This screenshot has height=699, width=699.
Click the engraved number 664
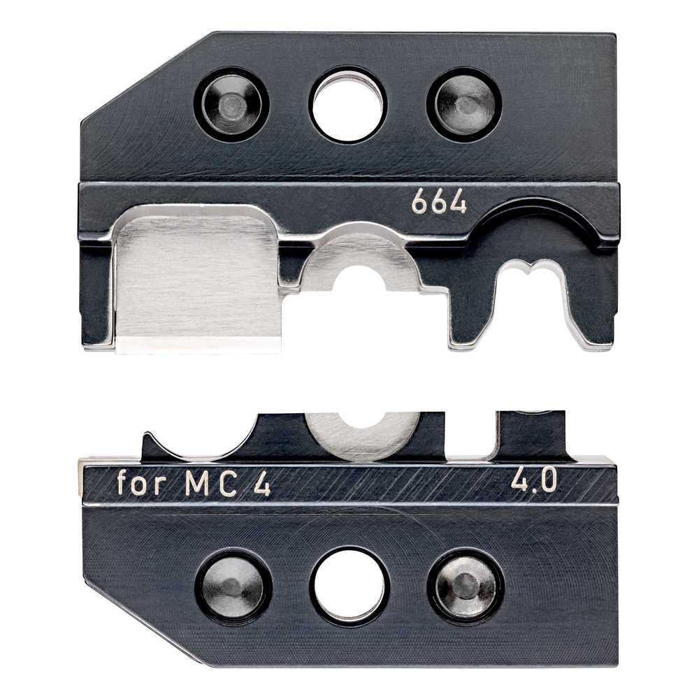(x=439, y=203)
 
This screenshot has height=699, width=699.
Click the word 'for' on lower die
(x=141, y=482)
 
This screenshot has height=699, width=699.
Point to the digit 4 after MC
(x=262, y=484)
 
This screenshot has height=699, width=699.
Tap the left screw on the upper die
(x=231, y=105)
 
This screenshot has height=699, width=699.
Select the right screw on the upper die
(x=464, y=105)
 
